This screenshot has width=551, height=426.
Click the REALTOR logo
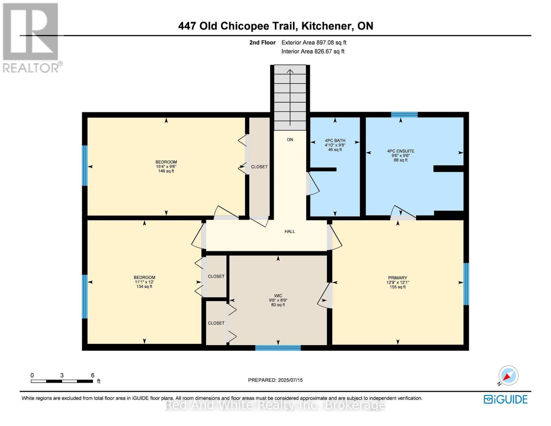coord(31,37)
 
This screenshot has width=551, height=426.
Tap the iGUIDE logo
coord(506,399)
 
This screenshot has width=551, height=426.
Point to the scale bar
coord(62,381)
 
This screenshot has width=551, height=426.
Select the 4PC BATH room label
coord(335,141)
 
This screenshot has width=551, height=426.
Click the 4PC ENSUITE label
coord(401,151)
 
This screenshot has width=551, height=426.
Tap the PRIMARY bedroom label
coord(397,278)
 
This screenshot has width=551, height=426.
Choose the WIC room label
coord(278,296)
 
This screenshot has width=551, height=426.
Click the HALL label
coord(290,231)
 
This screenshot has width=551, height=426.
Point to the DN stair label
coord(290,140)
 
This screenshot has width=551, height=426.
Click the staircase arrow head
coord(290,71)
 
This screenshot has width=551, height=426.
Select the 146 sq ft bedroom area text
coord(166,171)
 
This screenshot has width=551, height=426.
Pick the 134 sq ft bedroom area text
coord(144,286)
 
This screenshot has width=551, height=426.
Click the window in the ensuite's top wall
coord(404,114)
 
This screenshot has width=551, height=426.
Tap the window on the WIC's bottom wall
coord(278,348)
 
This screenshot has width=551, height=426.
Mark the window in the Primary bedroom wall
coord(466,284)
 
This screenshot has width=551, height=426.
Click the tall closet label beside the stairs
coord(259,167)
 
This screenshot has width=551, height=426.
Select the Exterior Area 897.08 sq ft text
coord(314,43)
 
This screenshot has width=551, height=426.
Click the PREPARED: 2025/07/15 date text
coord(275,380)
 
